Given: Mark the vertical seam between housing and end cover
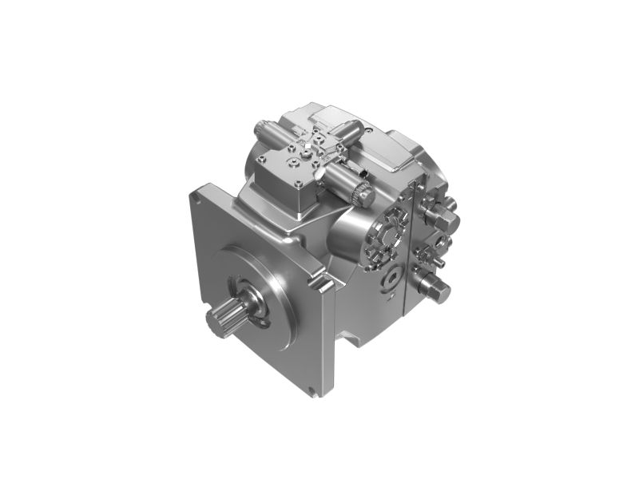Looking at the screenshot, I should [409, 239].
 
